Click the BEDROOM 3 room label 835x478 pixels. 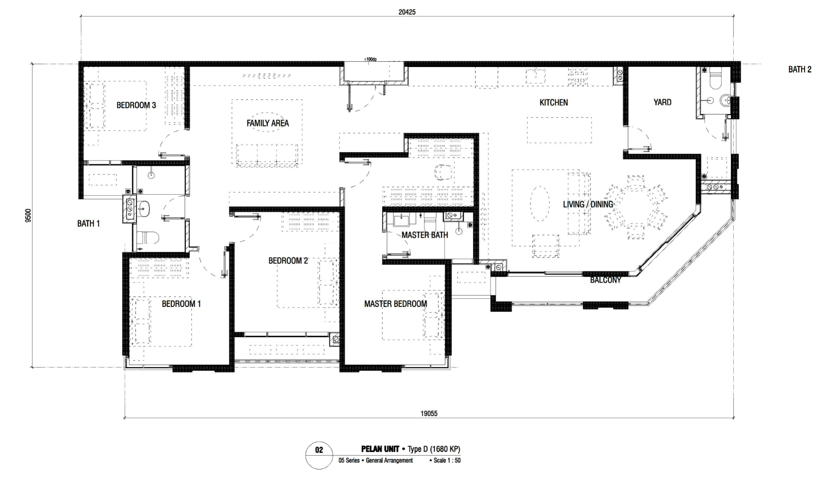[x=136, y=105]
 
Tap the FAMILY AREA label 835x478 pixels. [x=268, y=123]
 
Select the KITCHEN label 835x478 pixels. [x=553, y=103]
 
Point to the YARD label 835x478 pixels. [x=663, y=102]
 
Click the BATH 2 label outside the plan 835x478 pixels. [x=800, y=69]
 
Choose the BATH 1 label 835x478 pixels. [x=88, y=224]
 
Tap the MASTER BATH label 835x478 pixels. [x=424, y=235]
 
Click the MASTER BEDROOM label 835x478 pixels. [x=396, y=304]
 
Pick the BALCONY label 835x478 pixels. [x=605, y=280]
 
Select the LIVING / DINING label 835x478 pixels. [x=588, y=204]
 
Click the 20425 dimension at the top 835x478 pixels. [x=407, y=12]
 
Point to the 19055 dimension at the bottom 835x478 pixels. [x=429, y=414]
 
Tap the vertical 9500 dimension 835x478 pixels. [x=29, y=215]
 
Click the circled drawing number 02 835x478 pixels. [x=319, y=450]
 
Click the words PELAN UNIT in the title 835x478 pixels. [x=380, y=449]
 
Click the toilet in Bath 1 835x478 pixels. [x=148, y=238]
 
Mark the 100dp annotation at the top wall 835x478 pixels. [x=370, y=59]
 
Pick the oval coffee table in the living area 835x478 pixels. [x=540, y=204]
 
